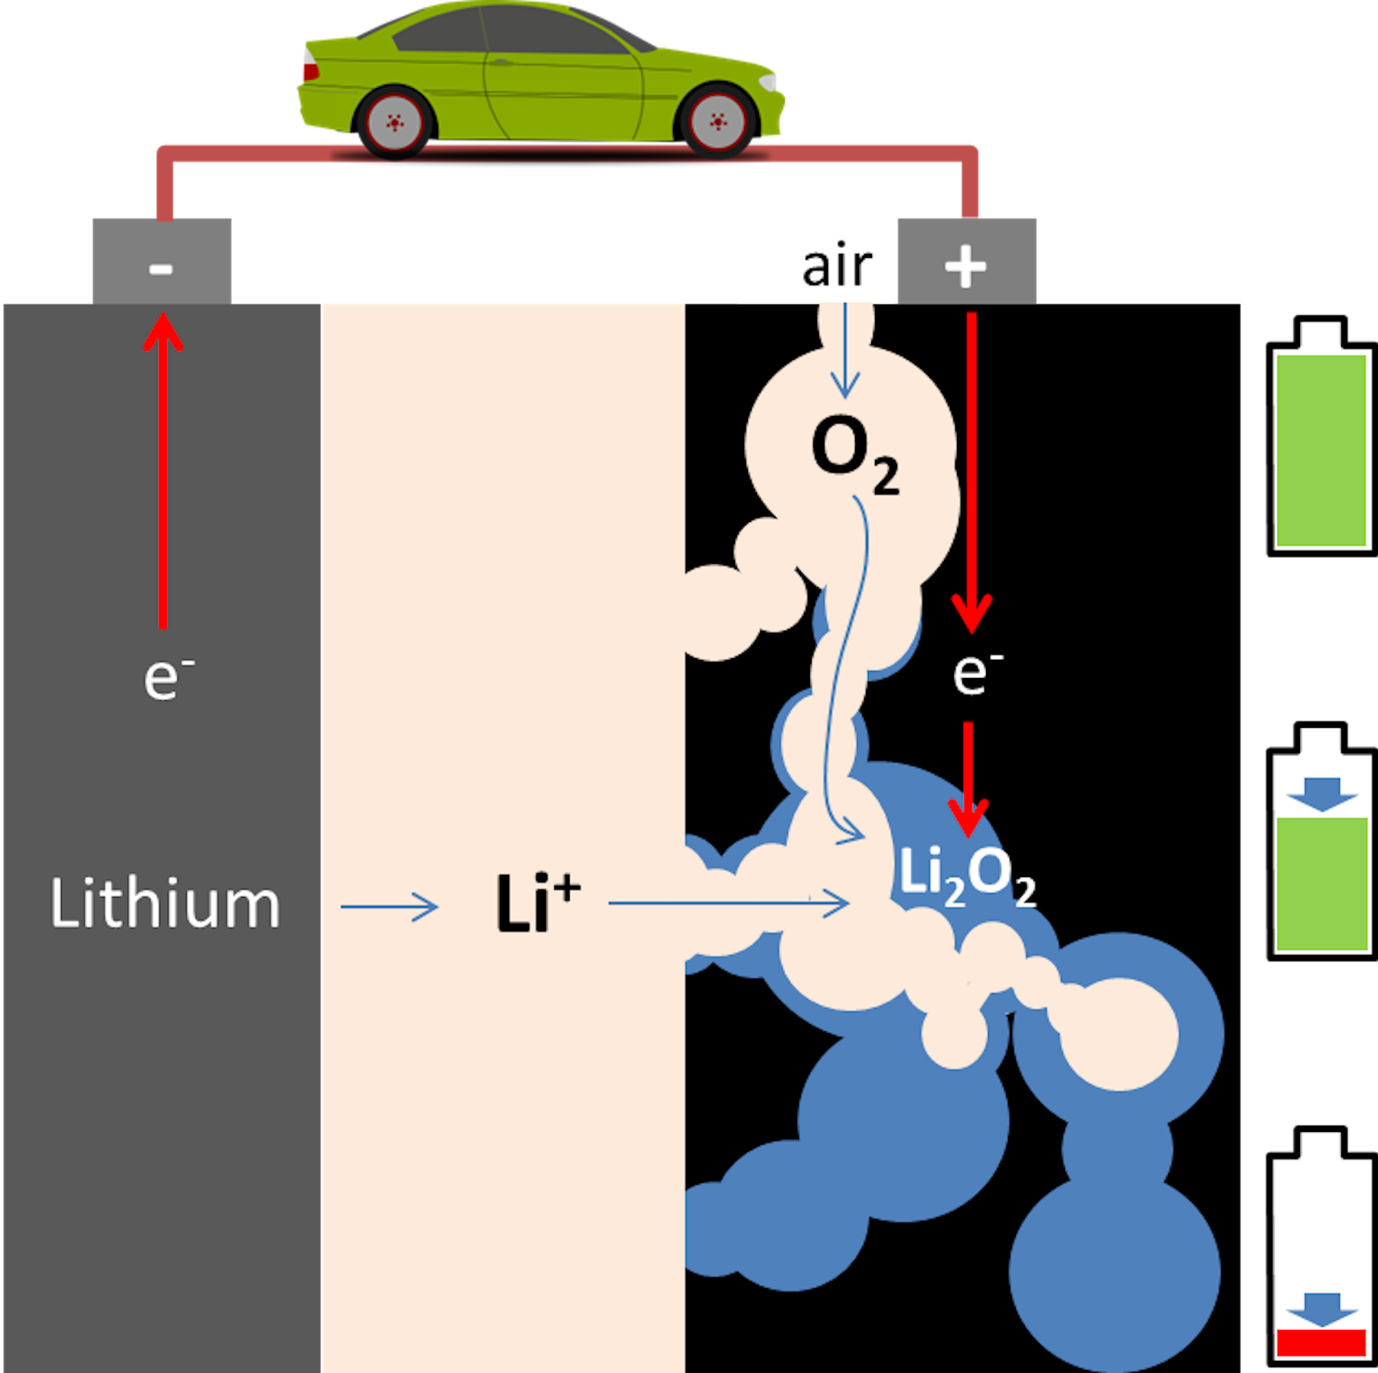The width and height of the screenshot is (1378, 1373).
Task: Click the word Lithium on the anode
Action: coord(165,904)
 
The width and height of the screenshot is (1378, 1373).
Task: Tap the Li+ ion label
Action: coord(537,904)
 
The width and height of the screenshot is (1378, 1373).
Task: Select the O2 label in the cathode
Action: coord(854,453)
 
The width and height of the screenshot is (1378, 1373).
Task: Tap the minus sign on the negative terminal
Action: coord(161,268)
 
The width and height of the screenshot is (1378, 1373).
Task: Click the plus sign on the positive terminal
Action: coord(965,266)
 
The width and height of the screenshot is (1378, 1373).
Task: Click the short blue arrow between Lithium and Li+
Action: coord(390,907)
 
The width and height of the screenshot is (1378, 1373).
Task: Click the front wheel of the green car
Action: coord(717,122)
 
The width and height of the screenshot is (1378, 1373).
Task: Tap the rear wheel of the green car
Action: coord(394,122)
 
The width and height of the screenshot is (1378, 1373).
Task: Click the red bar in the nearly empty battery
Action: coord(1321,1342)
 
